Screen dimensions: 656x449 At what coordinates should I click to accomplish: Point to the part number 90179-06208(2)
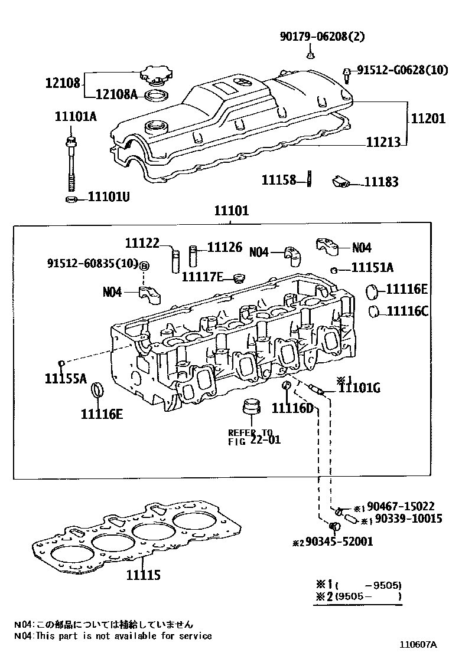322,37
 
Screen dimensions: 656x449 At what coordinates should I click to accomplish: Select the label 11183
380,182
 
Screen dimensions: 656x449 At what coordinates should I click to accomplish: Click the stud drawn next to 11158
308,179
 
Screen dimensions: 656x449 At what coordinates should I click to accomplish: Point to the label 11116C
408,311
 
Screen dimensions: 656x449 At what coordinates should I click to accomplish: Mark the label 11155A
65,378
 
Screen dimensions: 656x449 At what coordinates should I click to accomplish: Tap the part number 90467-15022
401,506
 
